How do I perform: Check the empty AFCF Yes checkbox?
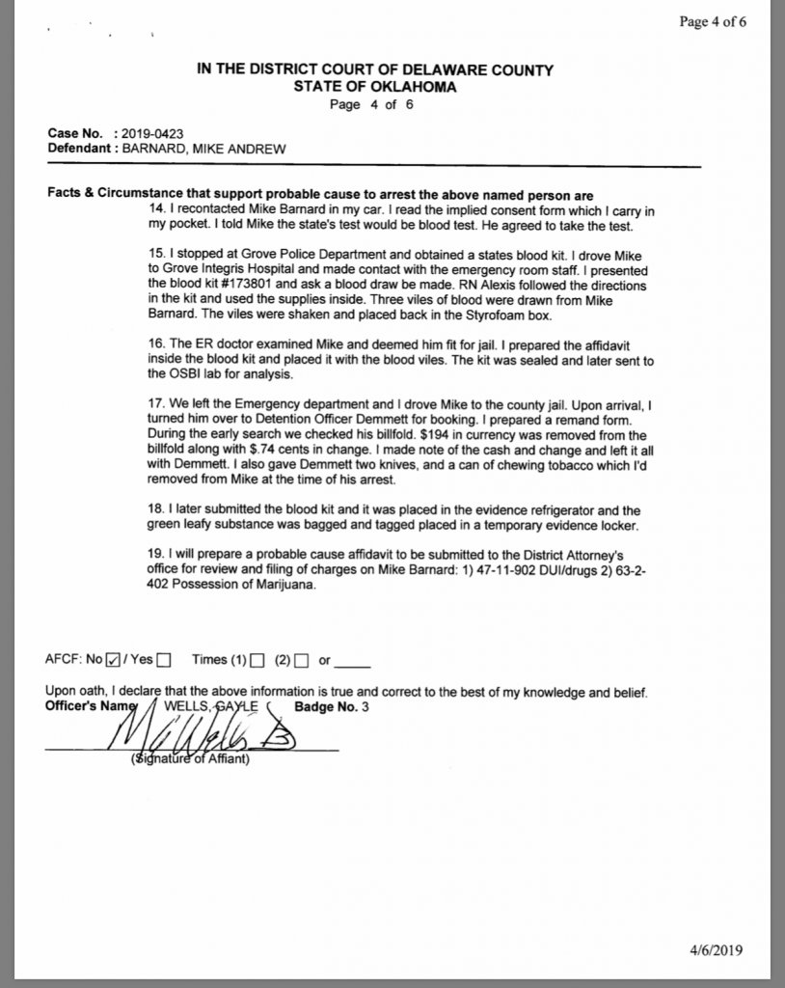(163, 661)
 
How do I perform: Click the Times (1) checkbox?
(257, 661)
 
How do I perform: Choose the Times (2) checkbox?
(301, 661)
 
